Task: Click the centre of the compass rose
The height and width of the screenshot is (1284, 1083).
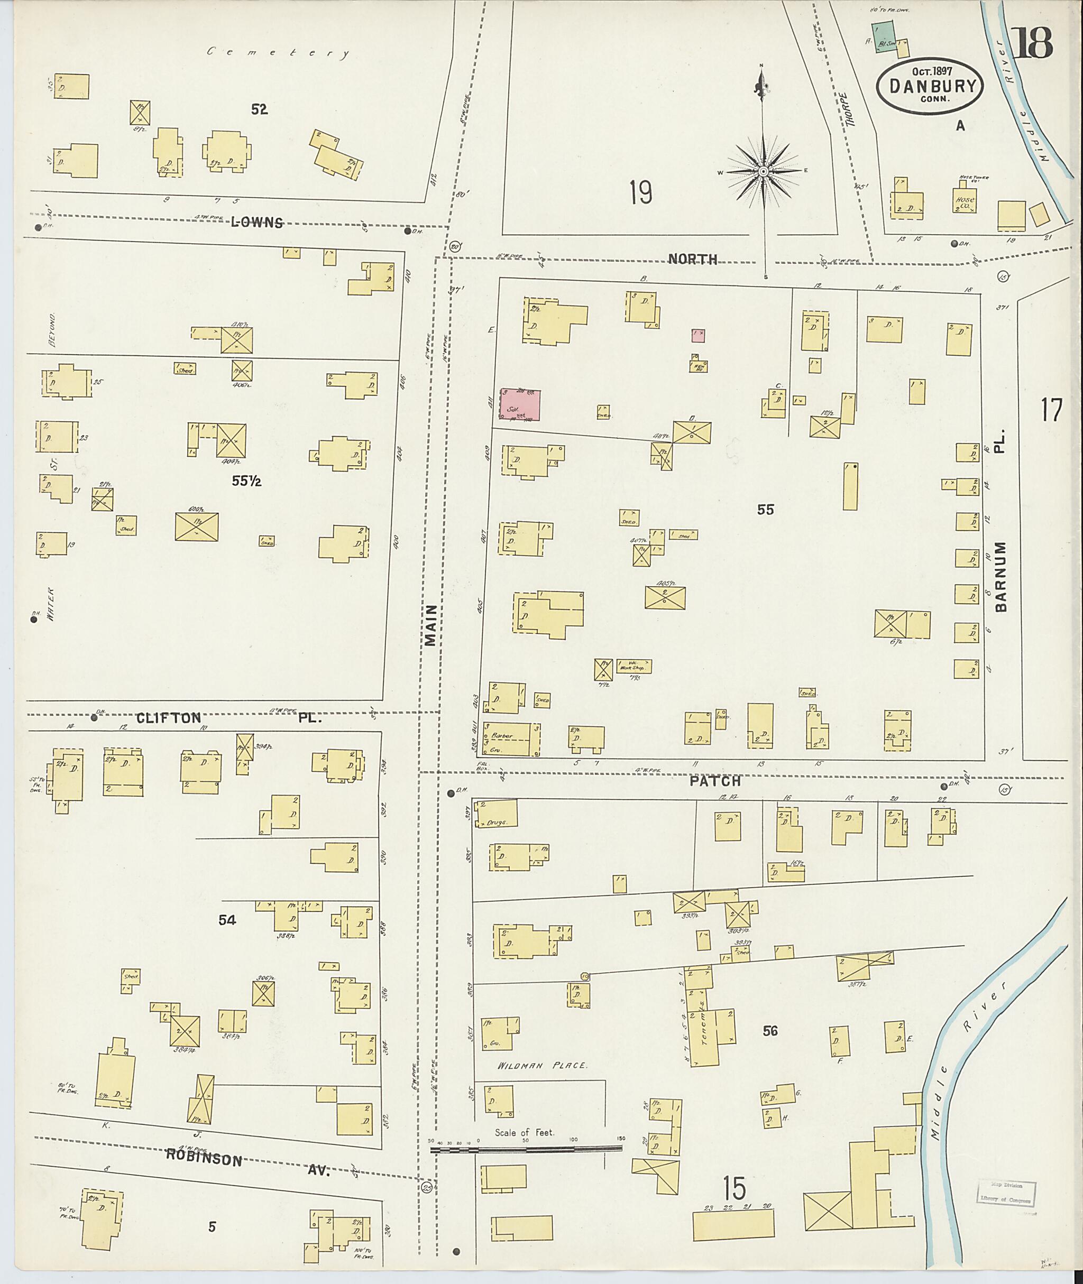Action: click(763, 172)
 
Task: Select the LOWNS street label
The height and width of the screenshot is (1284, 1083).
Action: click(256, 223)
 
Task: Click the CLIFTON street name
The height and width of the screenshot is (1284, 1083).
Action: click(168, 717)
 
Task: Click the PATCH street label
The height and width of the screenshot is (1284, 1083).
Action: click(715, 781)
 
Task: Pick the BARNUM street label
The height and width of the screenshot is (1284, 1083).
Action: click(1001, 576)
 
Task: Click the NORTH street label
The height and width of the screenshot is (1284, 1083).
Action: click(693, 259)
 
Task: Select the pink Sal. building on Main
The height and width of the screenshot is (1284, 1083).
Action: click(520, 405)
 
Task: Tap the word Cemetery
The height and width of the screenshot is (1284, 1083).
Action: click(278, 53)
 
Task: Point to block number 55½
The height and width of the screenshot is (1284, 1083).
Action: click(247, 481)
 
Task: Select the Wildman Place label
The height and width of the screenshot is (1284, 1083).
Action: click(542, 1066)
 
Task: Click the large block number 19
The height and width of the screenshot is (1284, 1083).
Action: click(640, 193)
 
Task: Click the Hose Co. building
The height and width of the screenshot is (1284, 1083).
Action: click(964, 201)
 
